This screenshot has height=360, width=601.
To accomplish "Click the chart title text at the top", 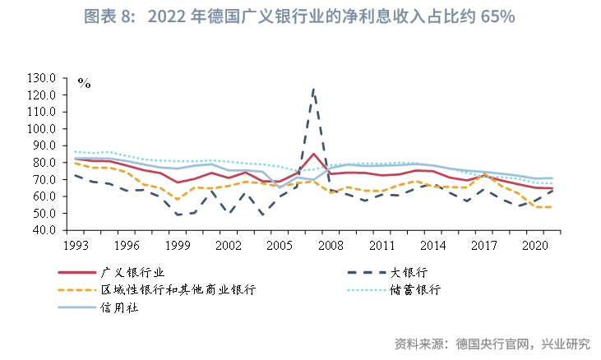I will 300,17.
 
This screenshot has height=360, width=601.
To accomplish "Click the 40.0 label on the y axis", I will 44,230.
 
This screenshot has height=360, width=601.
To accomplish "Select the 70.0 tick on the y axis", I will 44,179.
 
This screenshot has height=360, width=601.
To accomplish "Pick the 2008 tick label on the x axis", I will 331,245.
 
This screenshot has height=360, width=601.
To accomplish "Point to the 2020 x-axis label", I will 535,245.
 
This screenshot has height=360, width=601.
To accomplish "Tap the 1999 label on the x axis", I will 177,245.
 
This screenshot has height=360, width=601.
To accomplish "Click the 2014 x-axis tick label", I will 432,245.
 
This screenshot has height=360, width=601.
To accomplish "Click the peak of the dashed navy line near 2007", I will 313,89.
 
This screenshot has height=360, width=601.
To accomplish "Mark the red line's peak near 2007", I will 313,154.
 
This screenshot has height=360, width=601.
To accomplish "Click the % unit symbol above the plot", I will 84,82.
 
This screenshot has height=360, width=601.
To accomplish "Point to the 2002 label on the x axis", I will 228,245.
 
